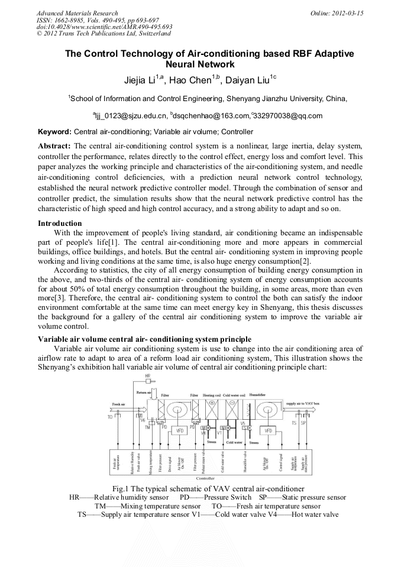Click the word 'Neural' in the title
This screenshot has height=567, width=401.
pyautogui.click(x=183, y=64)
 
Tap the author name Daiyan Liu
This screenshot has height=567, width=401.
pyautogui.click(x=253, y=80)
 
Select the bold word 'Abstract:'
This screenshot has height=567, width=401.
pyautogui.click(x=55, y=145)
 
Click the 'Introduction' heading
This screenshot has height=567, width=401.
pyautogui.click(x=60, y=223)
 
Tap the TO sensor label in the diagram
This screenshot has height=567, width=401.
pyautogui.click(x=110, y=417)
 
